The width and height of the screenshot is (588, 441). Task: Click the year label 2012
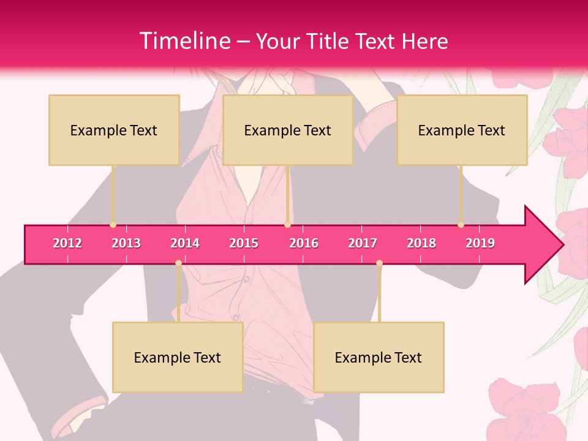click(x=67, y=243)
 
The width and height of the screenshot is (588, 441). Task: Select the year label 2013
click(x=126, y=243)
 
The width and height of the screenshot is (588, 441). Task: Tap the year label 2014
click(x=185, y=243)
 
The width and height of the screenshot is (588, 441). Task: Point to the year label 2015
click(x=244, y=243)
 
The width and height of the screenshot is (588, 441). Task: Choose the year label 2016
click(x=304, y=243)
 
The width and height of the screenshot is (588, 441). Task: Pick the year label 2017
click(x=363, y=243)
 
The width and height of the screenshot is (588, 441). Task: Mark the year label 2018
click(x=421, y=243)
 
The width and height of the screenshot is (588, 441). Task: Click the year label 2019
click(x=480, y=243)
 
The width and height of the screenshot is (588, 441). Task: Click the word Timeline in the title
click(x=184, y=41)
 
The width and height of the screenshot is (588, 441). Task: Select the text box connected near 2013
click(x=114, y=130)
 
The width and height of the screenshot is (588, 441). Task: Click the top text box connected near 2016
click(x=288, y=130)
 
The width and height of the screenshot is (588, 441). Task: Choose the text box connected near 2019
click(x=462, y=130)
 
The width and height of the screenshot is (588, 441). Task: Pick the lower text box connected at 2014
click(x=178, y=357)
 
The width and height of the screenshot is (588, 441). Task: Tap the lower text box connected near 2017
click(x=379, y=357)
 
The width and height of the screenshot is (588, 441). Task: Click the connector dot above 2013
click(x=113, y=225)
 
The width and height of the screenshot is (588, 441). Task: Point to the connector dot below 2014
click(x=178, y=263)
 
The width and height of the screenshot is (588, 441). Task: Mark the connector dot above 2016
click(x=287, y=225)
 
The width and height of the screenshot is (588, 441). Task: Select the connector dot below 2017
click(x=379, y=263)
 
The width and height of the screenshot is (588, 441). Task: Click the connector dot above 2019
click(x=461, y=225)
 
